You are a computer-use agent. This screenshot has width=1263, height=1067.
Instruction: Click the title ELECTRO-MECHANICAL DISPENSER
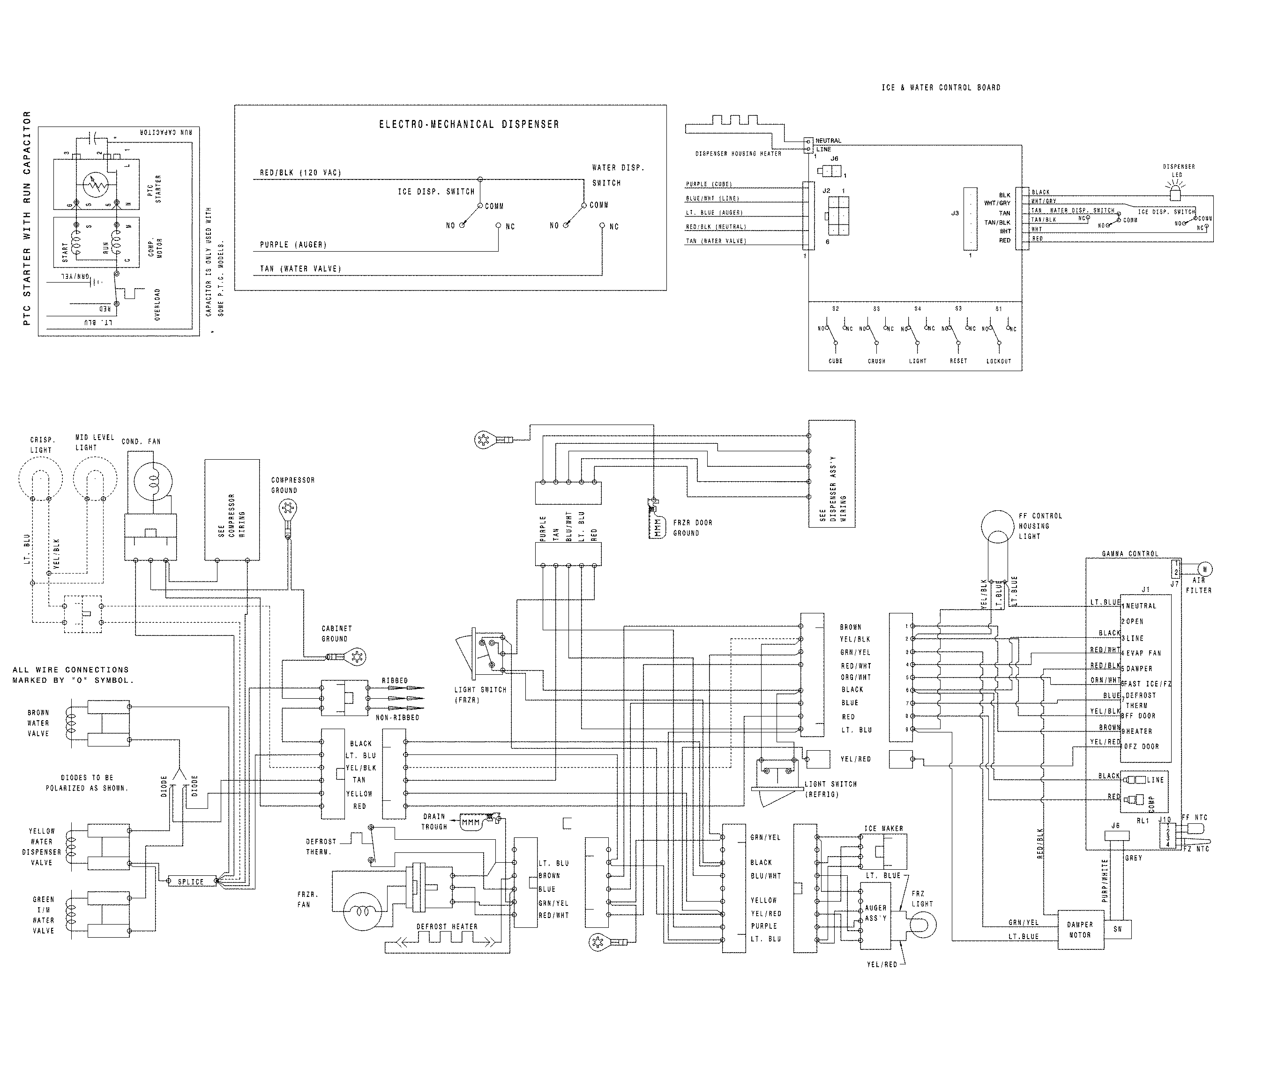point(469,125)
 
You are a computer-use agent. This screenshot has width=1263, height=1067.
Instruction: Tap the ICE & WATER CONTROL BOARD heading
point(941,88)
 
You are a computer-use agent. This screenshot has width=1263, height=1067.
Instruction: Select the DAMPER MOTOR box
point(1080,930)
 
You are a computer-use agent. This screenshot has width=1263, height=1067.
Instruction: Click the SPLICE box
point(191,882)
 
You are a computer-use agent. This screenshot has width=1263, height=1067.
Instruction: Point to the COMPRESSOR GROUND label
point(293,485)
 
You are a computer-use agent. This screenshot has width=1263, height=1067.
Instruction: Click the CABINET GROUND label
point(336,633)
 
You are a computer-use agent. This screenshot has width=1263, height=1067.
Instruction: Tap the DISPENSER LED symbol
point(1175,194)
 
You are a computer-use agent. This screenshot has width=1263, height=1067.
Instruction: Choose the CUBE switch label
point(835,361)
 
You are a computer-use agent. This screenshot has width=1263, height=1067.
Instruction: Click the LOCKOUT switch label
point(999,361)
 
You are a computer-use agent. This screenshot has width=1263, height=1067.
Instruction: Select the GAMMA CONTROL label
point(1130,553)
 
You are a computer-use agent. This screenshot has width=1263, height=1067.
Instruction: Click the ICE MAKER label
point(884,828)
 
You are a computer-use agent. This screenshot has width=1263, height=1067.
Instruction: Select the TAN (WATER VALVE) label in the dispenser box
point(300,269)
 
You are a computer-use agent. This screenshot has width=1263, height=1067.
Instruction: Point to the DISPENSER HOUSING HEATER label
point(738,154)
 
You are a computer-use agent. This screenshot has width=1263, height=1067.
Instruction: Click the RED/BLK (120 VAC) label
point(300,173)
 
